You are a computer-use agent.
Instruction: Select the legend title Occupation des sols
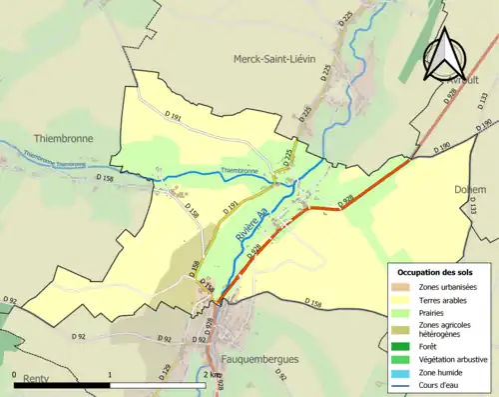437,272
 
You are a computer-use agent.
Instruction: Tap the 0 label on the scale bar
15,375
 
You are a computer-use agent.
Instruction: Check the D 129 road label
138,371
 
